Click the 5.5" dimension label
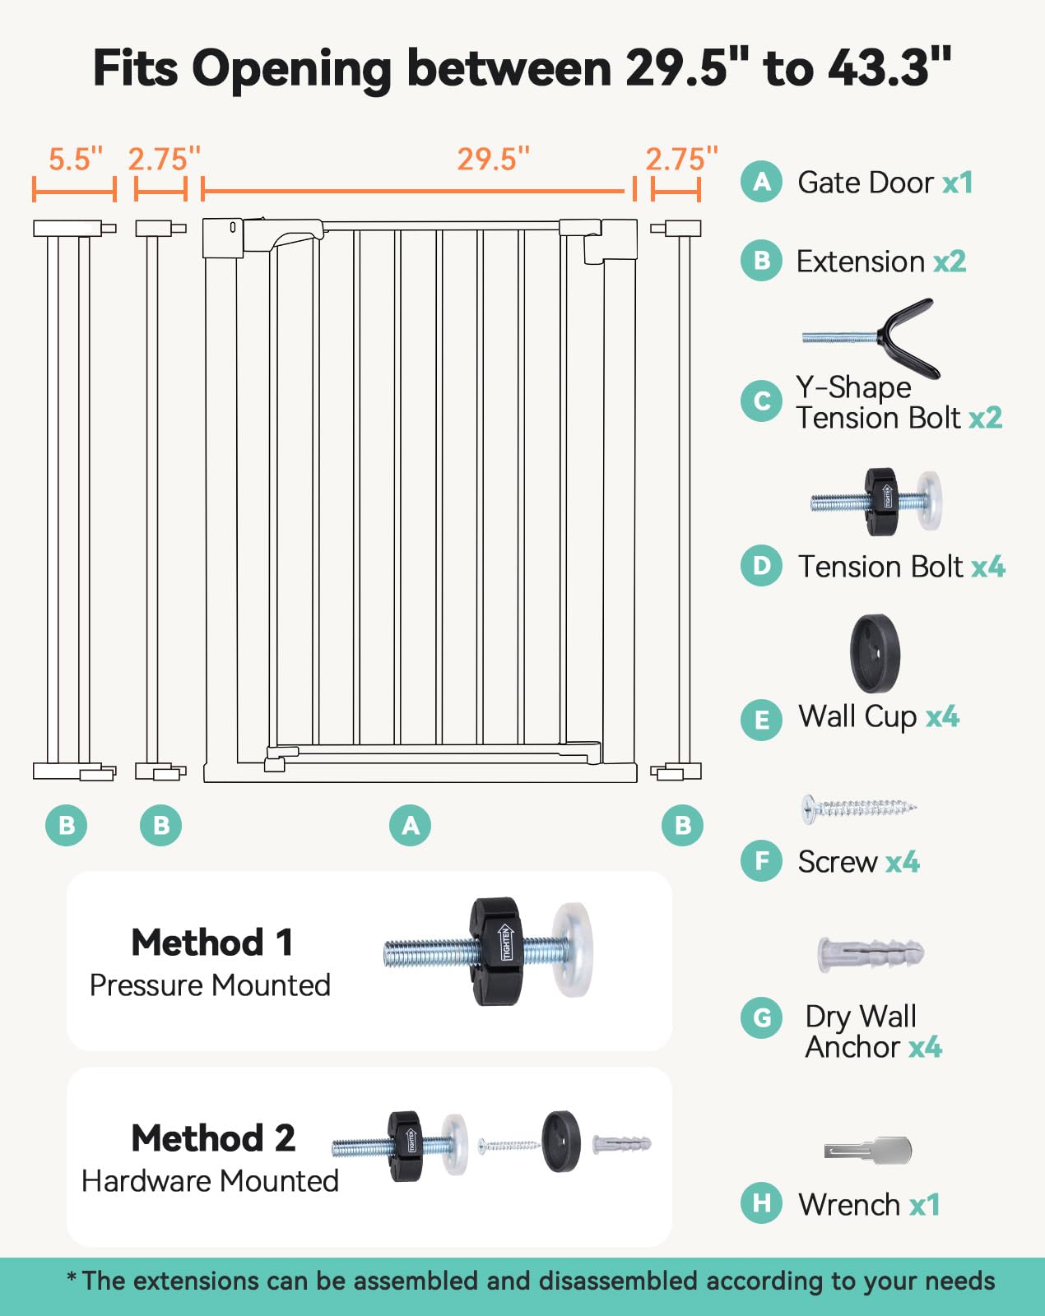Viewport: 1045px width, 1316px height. (76, 159)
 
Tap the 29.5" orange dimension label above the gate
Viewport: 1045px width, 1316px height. (493, 159)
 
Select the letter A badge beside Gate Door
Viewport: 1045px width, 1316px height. (761, 182)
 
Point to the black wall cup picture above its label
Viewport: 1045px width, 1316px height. (875, 654)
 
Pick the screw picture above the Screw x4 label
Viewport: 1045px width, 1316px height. (859, 809)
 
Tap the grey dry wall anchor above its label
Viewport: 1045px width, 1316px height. (871, 953)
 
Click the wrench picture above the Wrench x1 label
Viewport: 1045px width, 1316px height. (868, 1150)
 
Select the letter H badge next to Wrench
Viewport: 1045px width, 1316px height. (761, 1203)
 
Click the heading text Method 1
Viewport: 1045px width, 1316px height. (212, 943)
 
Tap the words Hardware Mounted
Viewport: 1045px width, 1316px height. (210, 1181)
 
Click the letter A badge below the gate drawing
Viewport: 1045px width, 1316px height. (411, 825)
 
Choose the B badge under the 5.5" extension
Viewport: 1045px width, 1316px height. (67, 825)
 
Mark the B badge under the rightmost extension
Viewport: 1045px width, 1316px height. (682, 825)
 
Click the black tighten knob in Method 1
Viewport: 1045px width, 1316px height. (495, 951)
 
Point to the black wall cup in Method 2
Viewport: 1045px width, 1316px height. (560, 1142)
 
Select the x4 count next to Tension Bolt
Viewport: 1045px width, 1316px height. (988, 567)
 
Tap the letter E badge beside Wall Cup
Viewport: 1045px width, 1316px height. (761, 720)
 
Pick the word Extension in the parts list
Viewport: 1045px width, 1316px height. (861, 262)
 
